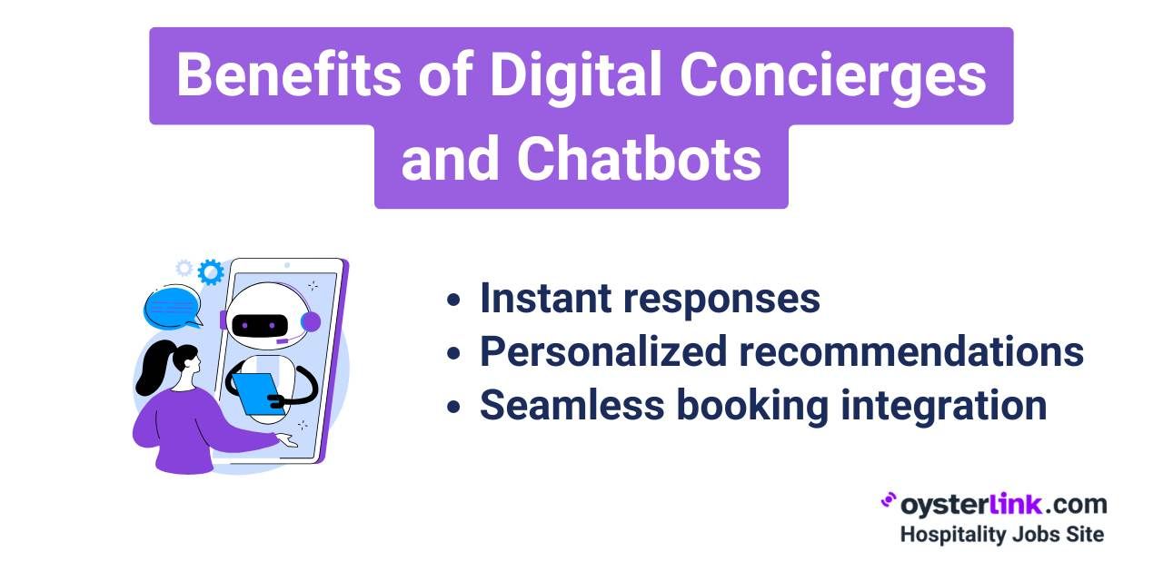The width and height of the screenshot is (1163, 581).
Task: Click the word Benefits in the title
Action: (x=289, y=74)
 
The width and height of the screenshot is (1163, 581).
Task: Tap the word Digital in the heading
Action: (x=576, y=75)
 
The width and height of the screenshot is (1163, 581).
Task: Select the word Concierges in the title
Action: (x=833, y=76)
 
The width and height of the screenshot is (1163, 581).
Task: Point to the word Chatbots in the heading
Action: (x=639, y=158)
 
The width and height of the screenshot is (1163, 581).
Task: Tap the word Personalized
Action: (x=603, y=351)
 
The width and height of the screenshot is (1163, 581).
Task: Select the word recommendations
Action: (x=911, y=351)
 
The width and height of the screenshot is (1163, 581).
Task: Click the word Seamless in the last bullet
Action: (x=572, y=405)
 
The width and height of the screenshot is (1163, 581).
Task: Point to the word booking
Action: (x=753, y=407)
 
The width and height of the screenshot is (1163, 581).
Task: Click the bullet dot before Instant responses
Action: (x=453, y=300)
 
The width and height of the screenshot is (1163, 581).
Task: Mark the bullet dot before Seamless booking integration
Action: (x=453, y=407)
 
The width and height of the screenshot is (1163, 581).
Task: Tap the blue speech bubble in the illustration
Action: (x=173, y=308)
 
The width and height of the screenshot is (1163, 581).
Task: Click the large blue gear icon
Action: (x=211, y=271)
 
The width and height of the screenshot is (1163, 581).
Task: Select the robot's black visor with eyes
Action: (x=260, y=325)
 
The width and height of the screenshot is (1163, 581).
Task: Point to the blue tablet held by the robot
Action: (x=257, y=393)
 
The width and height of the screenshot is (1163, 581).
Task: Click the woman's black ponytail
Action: (x=154, y=367)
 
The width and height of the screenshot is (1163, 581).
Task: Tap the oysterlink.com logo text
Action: (x=994, y=504)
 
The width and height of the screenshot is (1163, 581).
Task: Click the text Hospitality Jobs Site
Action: (x=1002, y=535)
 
